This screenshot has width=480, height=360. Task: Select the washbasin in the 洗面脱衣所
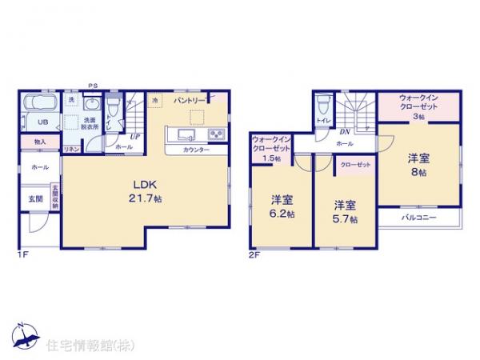90,106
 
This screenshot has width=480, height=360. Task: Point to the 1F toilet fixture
114,106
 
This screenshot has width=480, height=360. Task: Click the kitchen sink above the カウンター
190,133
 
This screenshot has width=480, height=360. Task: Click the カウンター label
196,150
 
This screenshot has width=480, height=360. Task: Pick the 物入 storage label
40,142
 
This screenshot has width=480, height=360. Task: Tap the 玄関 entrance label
37,198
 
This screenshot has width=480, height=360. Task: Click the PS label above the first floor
93,82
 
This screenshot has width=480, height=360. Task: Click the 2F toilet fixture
322,105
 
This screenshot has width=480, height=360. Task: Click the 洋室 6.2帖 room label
280,206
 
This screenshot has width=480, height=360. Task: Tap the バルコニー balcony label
418,218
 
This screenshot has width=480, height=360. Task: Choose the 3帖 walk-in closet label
418,107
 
